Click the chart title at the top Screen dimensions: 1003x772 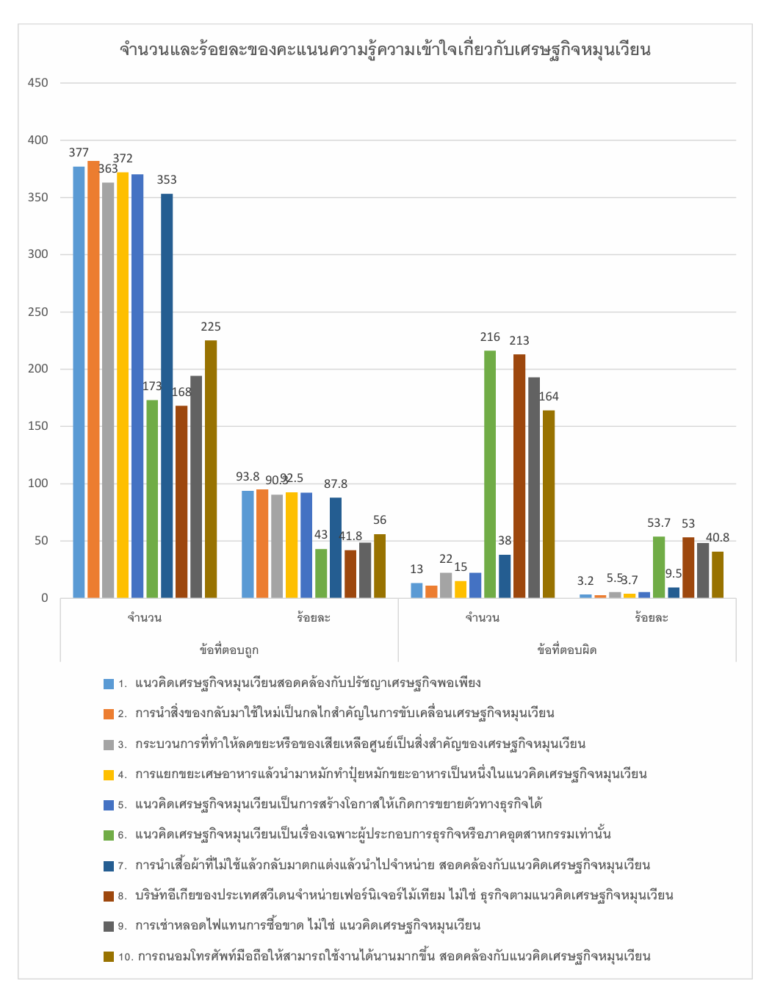tap(385, 50)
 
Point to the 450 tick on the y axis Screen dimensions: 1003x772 tap(38, 83)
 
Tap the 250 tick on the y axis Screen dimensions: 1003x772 tap(38, 312)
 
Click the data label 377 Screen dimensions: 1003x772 tap(79, 153)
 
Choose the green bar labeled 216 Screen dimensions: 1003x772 tap(490, 474)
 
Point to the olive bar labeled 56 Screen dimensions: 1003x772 tap(380, 566)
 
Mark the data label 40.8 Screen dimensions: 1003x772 tap(717, 538)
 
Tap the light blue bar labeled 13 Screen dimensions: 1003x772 tap(416, 590)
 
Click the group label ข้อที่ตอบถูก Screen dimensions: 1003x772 tap(229, 650)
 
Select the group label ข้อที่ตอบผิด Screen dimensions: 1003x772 tap(567, 650)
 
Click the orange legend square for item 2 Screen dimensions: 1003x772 tap(109, 713)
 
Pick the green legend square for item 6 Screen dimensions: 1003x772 tap(109, 835)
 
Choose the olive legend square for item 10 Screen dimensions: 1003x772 tap(109, 956)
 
